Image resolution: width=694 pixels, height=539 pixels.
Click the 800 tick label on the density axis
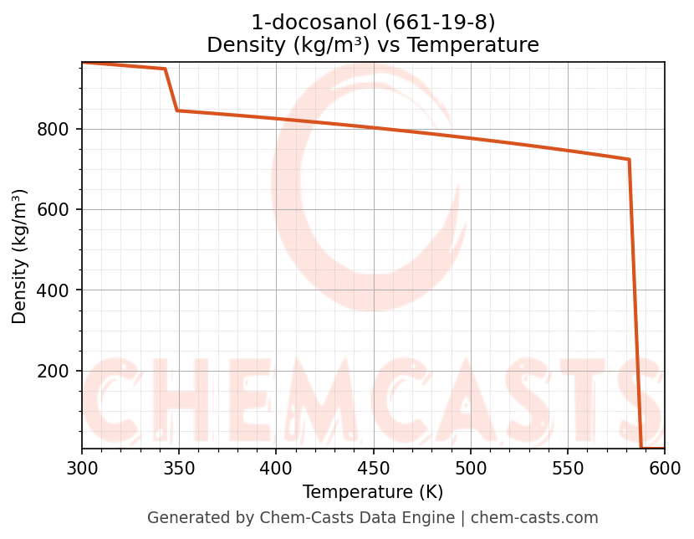pyautogui.click(x=52, y=130)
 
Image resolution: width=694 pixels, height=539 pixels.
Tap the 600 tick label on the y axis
pyautogui.click(x=52, y=210)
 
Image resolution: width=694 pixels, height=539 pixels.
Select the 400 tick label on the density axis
pyautogui.click(x=52, y=290)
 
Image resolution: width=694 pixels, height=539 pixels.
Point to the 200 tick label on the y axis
pyautogui.click(x=52, y=372)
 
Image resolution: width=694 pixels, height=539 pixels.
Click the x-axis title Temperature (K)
pyautogui.click(x=373, y=492)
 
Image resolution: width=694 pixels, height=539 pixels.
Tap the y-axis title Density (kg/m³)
pyautogui.click(x=20, y=256)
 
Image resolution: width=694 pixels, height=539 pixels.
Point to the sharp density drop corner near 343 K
pyautogui.click(x=165, y=69)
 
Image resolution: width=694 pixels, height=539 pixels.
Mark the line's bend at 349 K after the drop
pyautogui.click(x=177, y=110)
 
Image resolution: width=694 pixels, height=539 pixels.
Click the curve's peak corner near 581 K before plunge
pyautogui.click(x=629, y=159)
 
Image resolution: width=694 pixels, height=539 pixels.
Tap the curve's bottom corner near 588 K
pyautogui.click(x=641, y=448)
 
